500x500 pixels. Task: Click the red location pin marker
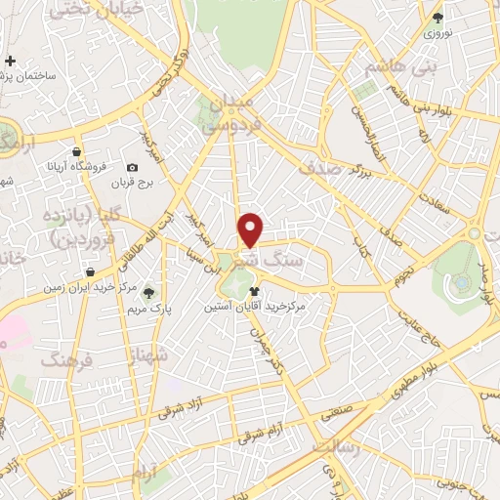coord(251,229)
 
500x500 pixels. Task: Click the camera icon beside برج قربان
coord(133,168)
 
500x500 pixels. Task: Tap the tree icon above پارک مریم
coord(148,291)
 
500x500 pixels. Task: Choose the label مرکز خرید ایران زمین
coord(89,288)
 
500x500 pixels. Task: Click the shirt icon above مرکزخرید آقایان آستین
coord(255,291)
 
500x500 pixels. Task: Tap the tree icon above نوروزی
coord(437,17)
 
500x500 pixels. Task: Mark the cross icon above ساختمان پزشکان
coord(10,61)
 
